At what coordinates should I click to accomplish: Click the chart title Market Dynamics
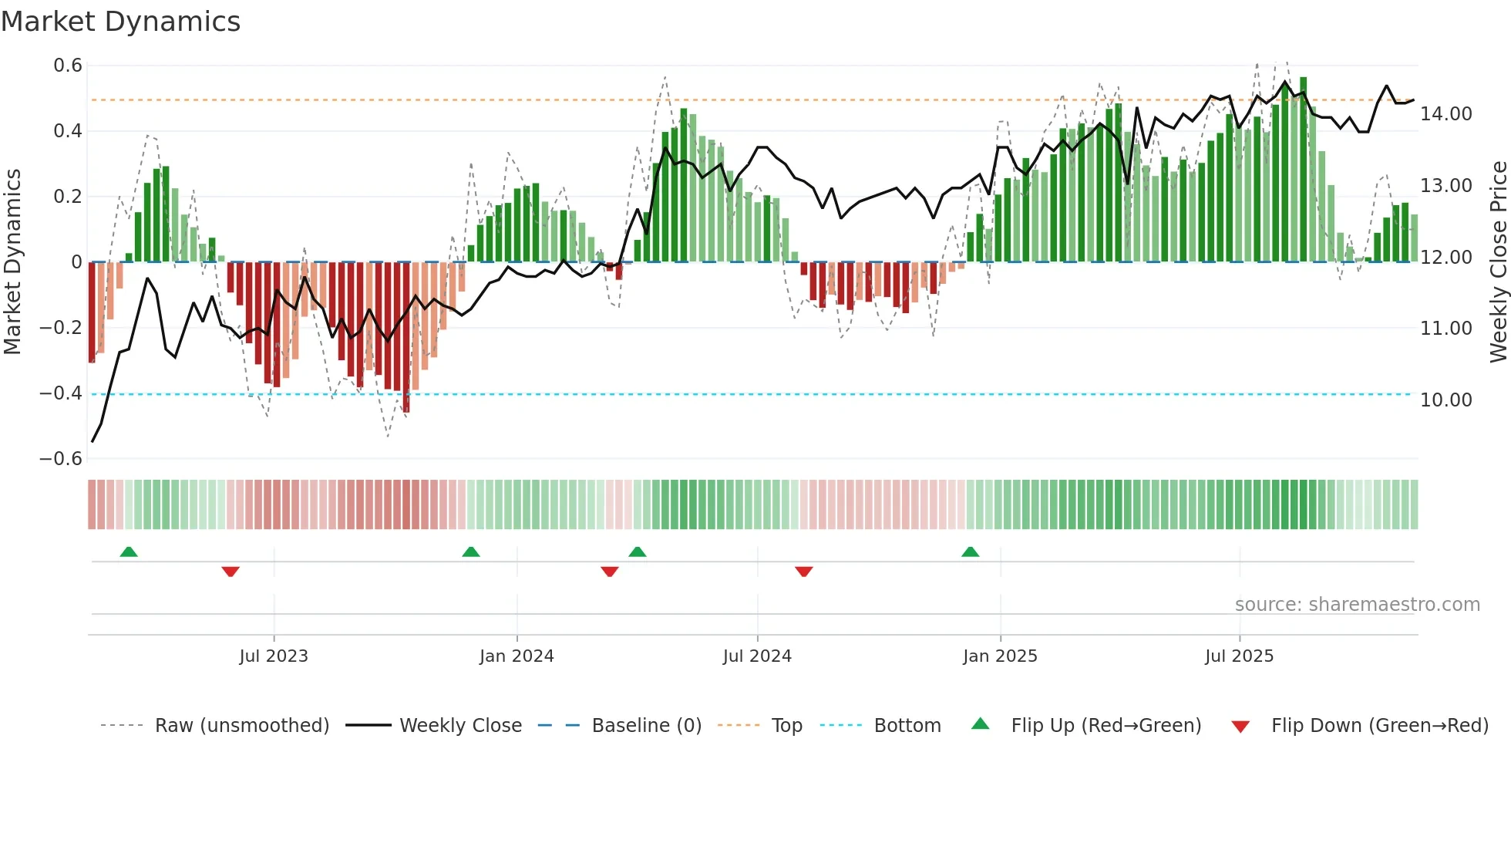point(120,22)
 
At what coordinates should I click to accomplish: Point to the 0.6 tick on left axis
point(68,66)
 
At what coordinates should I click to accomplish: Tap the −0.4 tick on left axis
point(61,393)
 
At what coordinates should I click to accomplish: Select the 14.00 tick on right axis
point(1446,114)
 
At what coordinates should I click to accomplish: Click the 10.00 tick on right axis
point(1446,400)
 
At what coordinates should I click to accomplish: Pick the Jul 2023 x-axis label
point(273,656)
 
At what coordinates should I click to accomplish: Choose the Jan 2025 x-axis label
point(1000,656)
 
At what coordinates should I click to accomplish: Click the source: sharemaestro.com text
point(1357,605)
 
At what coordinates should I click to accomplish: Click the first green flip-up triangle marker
point(129,552)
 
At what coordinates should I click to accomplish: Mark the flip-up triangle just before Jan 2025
point(970,552)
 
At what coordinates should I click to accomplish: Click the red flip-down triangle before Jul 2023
point(231,572)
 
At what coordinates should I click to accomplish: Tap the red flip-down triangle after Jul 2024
point(803,572)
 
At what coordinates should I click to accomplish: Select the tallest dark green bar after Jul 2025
point(1303,170)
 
